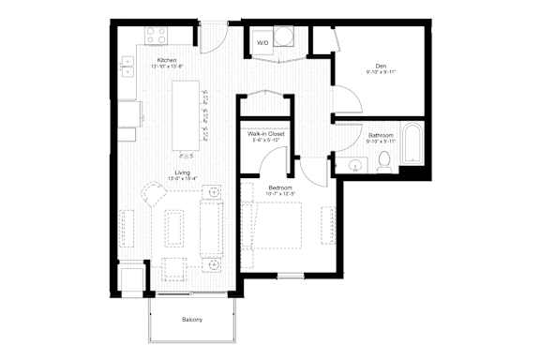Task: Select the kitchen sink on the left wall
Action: point(127,69)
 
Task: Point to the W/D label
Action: point(263,42)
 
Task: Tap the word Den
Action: point(381,66)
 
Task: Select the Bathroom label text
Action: point(380,136)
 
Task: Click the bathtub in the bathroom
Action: point(412,145)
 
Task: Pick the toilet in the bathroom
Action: point(383,163)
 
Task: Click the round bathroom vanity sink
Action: point(354,166)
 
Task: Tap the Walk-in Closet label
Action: point(265,135)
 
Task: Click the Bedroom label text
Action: point(280,188)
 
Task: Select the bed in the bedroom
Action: point(274,225)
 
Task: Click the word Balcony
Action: point(192,320)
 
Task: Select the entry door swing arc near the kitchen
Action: point(213,39)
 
